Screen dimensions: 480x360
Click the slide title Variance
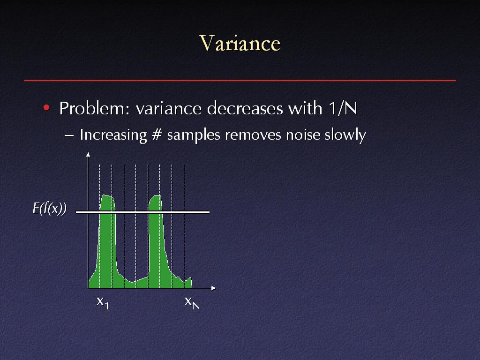tap(240, 43)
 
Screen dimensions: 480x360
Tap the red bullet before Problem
tap(46, 107)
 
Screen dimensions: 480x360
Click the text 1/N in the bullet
tap(343, 108)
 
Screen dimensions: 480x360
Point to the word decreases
tap(245, 108)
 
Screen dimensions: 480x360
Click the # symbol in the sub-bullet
tap(157, 135)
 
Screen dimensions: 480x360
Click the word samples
tap(194, 135)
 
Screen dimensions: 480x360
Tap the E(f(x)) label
tap(50, 209)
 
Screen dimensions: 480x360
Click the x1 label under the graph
tap(103, 302)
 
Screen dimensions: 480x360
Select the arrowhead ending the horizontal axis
tap(214, 288)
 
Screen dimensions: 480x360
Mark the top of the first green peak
tap(105, 195)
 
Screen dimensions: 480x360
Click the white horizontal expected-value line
tap(142, 212)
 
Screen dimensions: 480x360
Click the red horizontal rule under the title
tap(240, 80)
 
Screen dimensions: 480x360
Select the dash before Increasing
tap(69, 135)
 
